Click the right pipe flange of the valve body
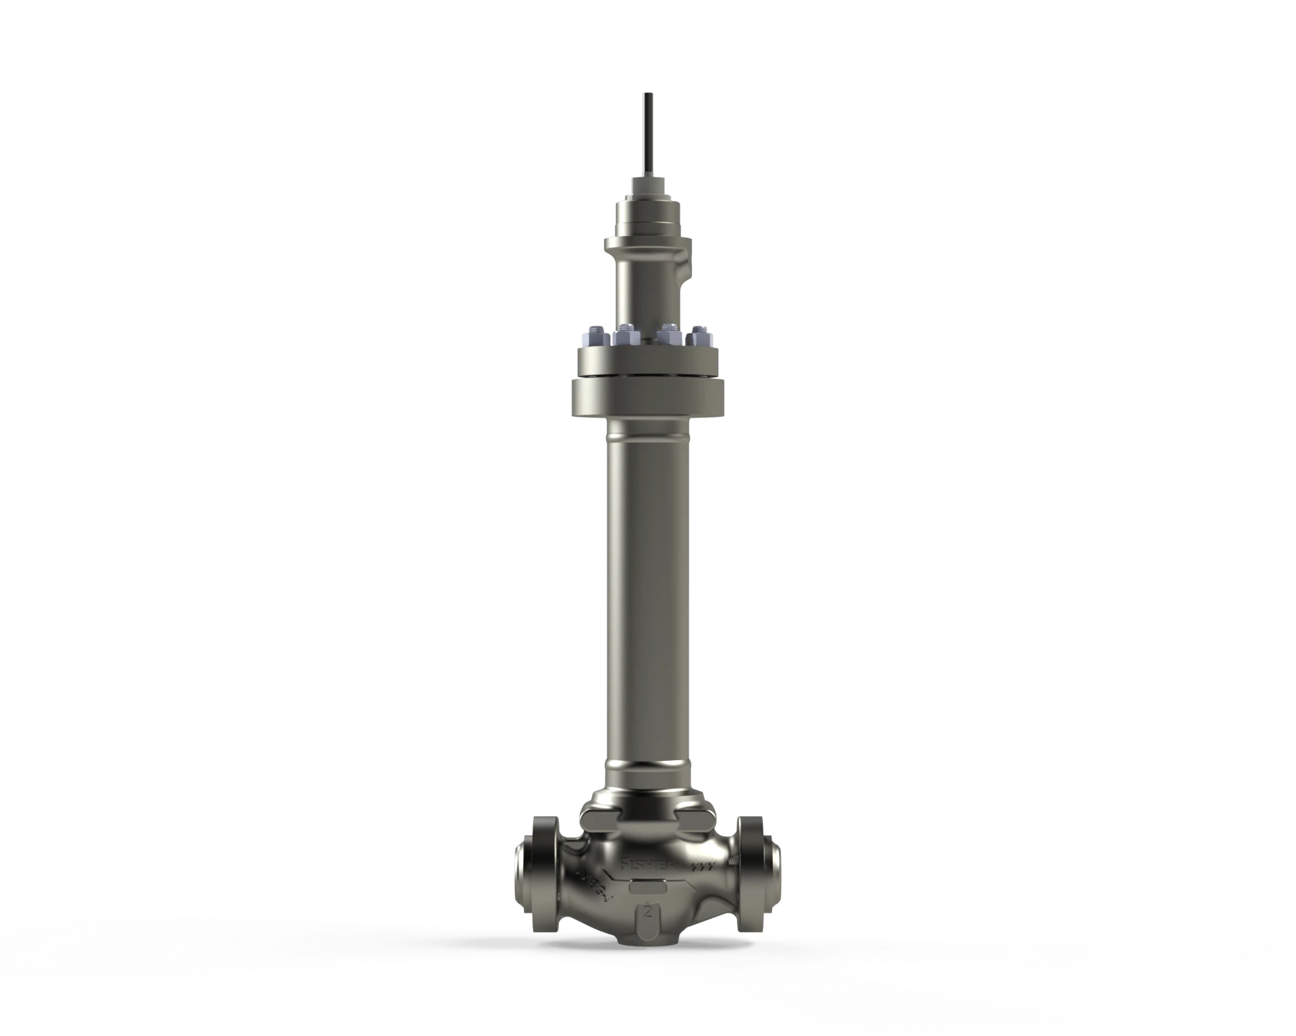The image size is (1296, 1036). [x=757, y=870]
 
